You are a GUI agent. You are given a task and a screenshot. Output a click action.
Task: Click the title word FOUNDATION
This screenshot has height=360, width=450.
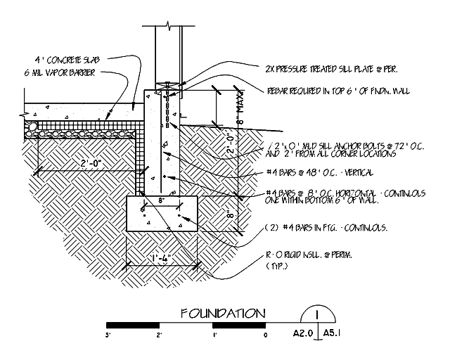222,313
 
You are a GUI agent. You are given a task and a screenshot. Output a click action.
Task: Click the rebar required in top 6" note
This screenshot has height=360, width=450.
339,91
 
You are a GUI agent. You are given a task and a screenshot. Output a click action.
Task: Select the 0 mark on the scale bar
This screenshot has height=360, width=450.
265,335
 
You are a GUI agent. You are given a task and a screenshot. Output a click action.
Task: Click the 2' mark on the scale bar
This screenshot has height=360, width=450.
160,335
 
